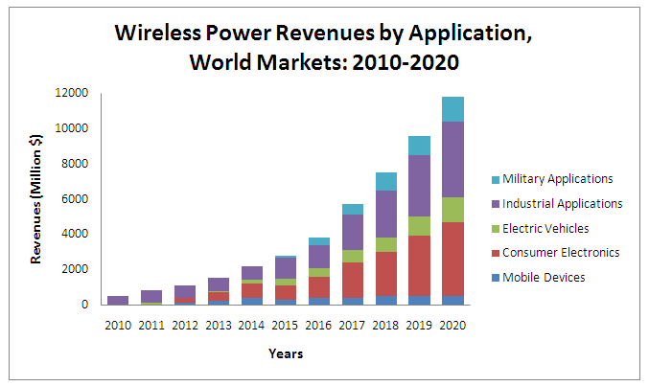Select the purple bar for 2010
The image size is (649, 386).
(119, 300)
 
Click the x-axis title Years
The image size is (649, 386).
(285, 354)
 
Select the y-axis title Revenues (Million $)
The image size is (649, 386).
(35, 198)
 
